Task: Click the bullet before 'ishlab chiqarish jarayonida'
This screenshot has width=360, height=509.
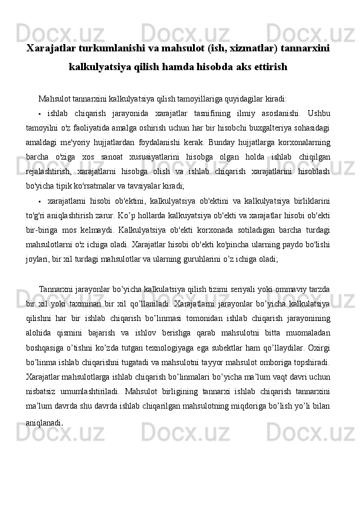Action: [x=39, y=114]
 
